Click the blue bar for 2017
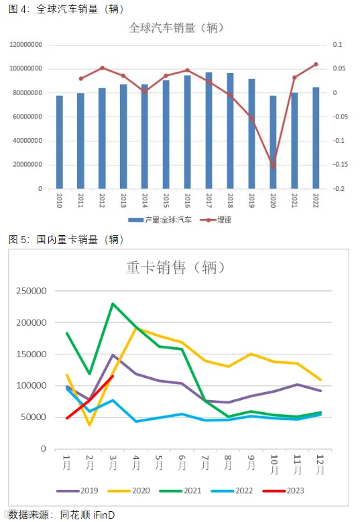pos(208,131)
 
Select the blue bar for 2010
pos(59,142)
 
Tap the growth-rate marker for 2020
pos(273,166)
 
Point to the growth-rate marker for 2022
pos(316,64)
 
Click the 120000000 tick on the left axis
pos(26,45)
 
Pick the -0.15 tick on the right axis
pos(341,164)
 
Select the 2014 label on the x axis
pos(145,200)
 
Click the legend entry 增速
pos(216,220)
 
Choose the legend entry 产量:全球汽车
pos(160,220)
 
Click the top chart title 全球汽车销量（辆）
pos(176,28)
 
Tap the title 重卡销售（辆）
pos(176,267)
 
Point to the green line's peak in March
pos(113,304)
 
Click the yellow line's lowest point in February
pos(90,425)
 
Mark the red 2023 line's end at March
pos(113,376)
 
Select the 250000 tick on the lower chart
pos(32,291)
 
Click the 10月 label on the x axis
pos(274,465)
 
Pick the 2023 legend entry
pos(284,491)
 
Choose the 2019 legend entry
pos(77,491)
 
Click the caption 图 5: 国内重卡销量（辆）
pos(66,239)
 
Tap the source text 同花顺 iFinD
pos(87,515)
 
